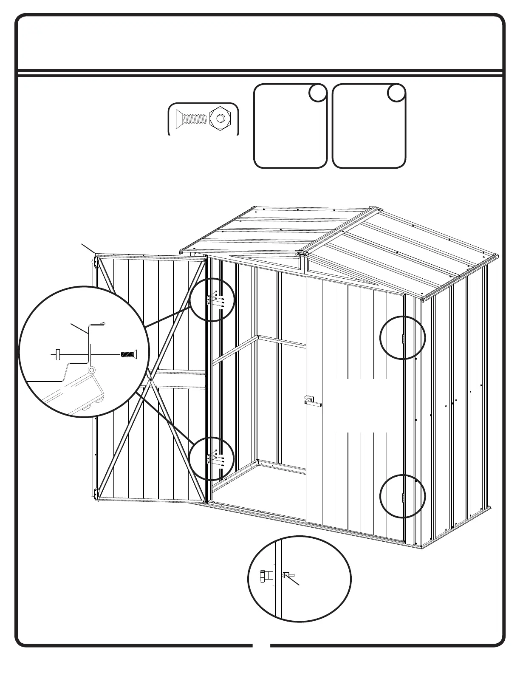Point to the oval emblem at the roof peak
coord(301,254)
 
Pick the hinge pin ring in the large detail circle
coord(91,370)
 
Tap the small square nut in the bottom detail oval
coord(286,575)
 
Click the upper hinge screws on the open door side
coord(215,300)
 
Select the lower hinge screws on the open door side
coord(215,458)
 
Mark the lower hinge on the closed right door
coord(403,496)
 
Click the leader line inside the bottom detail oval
coord(295,581)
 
